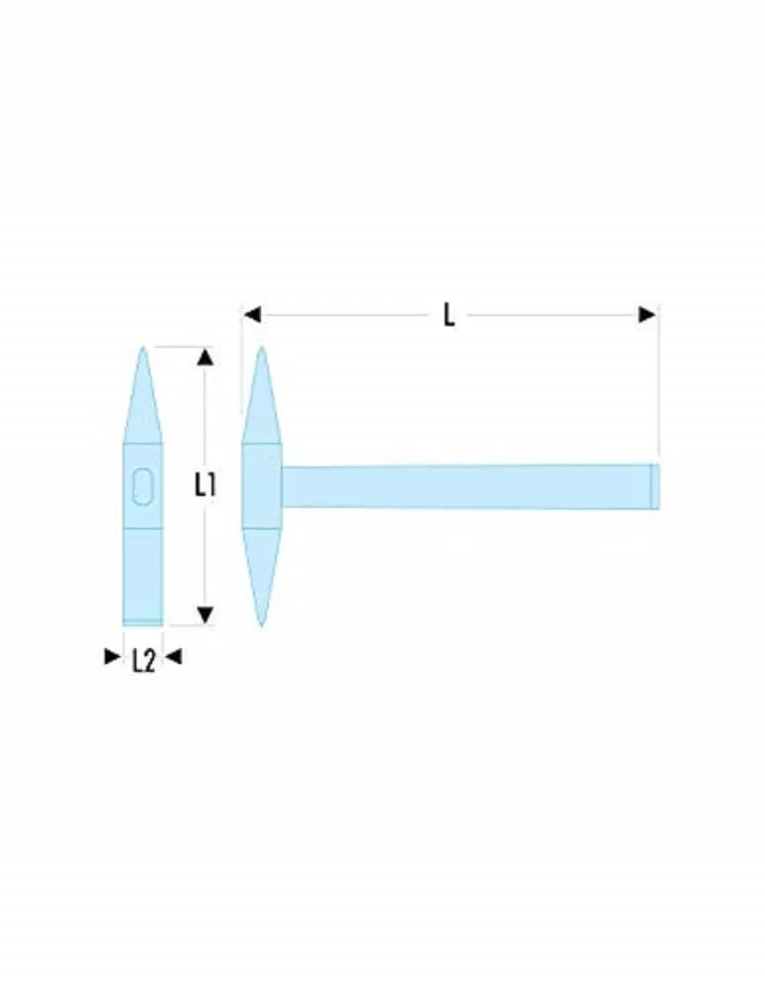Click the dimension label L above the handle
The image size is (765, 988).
[x=449, y=314]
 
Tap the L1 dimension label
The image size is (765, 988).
[x=206, y=485]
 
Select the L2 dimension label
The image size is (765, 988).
[x=143, y=661]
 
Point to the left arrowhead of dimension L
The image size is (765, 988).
[x=252, y=314]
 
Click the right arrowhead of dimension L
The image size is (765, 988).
[x=647, y=314]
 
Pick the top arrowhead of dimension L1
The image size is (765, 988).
[x=205, y=358]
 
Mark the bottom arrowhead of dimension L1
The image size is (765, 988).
[x=205, y=615]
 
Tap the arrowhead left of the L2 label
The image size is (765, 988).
[x=112, y=657]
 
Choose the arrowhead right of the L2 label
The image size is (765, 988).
[x=173, y=657]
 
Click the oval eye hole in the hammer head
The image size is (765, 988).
[x=143, y=486]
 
